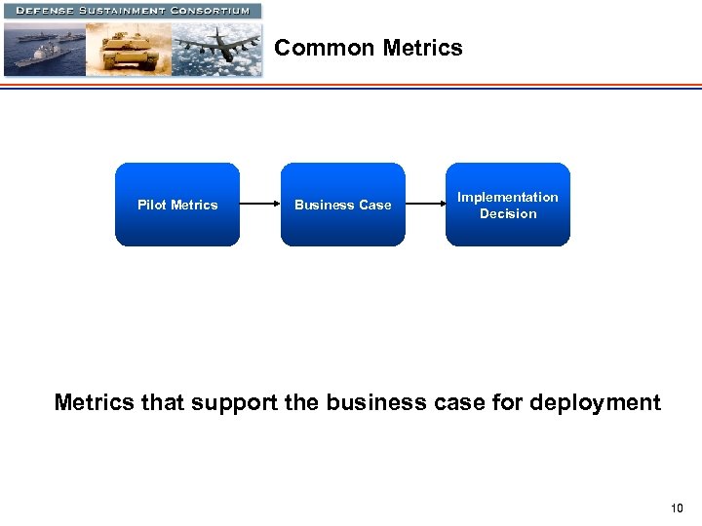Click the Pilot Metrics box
(x=176, y=205)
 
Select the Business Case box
(x=342, y=205)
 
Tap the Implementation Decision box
(x=508, y=205)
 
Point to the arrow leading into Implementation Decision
(x=425, y=205)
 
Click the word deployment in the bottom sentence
(x=601, y=402)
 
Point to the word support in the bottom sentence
(x=234, y=402)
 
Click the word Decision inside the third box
(x=508, y=213)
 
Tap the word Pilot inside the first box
(x=151, y=205)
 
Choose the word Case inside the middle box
(x=374, y=205)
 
